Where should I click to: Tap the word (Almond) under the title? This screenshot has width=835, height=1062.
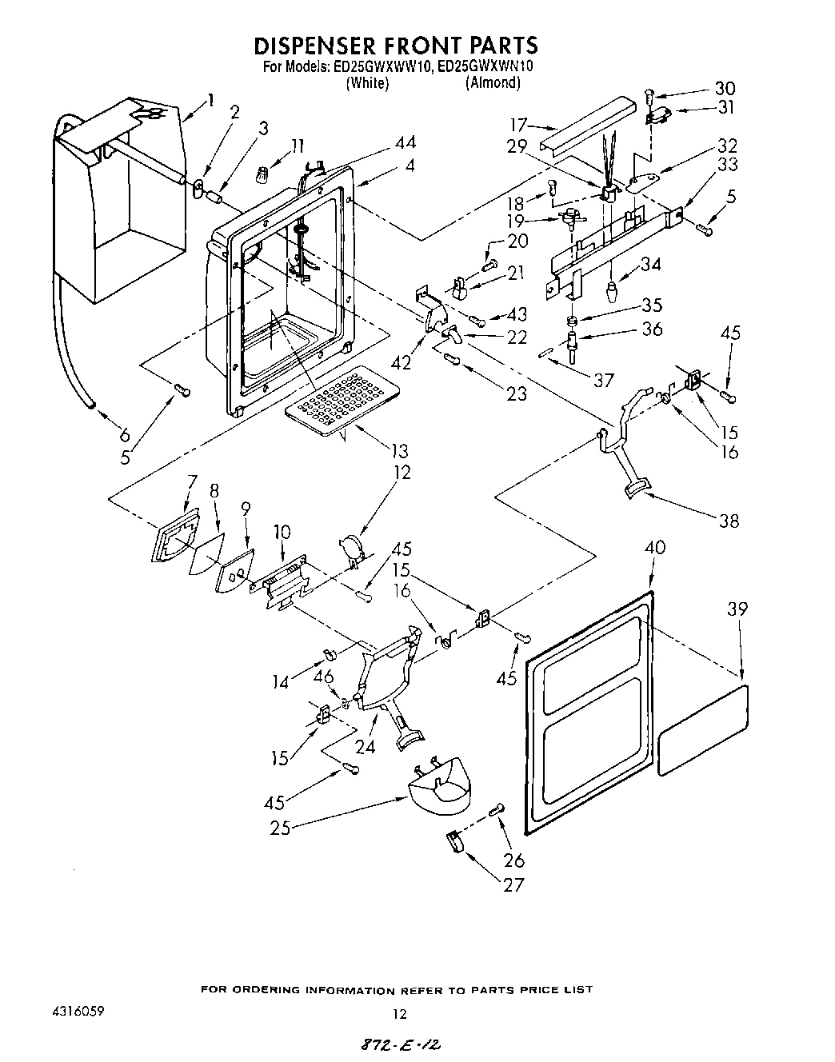pos(493,83)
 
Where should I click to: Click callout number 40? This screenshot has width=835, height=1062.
pos(655,548)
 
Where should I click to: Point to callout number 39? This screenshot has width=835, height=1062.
pos(737,609)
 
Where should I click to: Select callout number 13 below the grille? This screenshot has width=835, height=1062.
pos(397,451)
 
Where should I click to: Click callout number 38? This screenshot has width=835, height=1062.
pos(728,521)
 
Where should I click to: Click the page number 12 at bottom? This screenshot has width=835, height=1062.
pos(400,1014)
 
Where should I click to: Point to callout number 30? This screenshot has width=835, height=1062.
pos(725,88)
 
